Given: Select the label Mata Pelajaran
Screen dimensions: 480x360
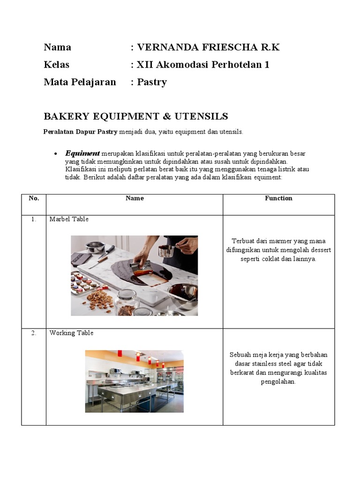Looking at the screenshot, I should tap(80, 82).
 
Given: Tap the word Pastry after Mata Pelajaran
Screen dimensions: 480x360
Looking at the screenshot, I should tap(152, 82).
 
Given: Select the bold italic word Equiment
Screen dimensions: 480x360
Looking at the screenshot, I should tap(82, 153).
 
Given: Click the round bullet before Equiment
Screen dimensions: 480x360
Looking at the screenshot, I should tap(56, 154).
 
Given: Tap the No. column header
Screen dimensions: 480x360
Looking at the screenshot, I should tap(34, 198).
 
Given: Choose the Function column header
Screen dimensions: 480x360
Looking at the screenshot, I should tap(278, 198).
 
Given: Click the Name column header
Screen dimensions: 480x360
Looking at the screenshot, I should tap(135, 198).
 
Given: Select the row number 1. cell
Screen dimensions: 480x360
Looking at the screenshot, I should tap(34, 219).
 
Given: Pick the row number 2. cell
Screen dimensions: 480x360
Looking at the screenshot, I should tap(34, 333).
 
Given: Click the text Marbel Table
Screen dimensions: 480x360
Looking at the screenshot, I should tap(69, 219).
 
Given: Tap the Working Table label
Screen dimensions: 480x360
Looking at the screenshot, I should tap(72, 333).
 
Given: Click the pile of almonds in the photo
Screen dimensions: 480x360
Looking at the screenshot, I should tap(99, 299).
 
